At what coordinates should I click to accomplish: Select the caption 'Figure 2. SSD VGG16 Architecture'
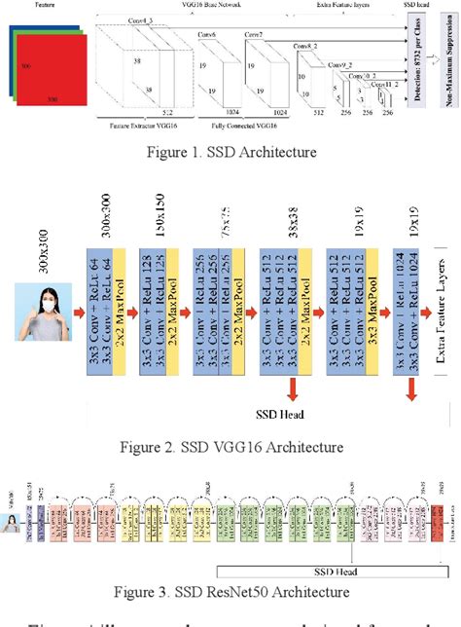pos(230,447)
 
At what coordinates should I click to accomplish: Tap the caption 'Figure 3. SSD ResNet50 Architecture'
pos(230,590)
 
